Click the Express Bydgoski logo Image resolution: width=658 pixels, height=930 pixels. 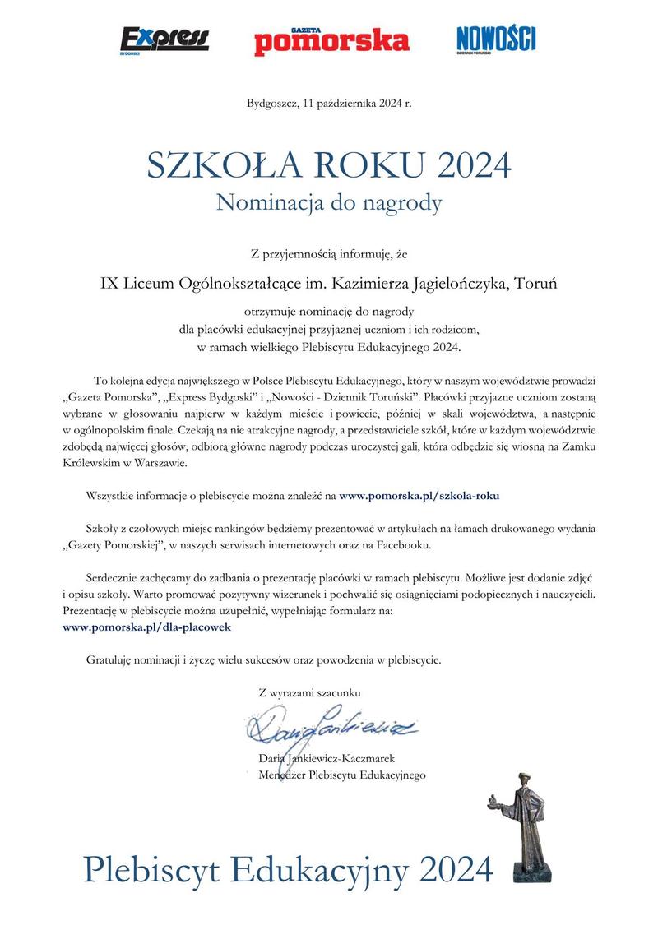164,39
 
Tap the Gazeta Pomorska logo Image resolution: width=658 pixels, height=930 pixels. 331,39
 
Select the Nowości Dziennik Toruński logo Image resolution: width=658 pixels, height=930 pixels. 495,38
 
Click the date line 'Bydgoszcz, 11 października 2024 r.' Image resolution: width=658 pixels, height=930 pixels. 328,103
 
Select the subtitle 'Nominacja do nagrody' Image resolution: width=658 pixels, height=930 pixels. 329,202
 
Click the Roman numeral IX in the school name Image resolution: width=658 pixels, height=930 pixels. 109,284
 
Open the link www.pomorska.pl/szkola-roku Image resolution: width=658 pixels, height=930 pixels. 419,496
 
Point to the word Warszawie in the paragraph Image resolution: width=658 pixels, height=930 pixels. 150,462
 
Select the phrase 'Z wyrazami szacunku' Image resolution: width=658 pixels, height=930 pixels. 308,693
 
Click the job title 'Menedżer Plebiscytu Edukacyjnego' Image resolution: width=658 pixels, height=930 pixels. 341,775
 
